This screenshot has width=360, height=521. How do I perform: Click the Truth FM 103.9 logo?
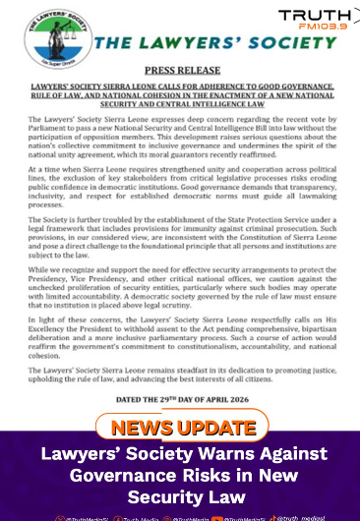tap(317, 20)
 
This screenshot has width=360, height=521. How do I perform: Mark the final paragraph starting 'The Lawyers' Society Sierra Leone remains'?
tap(181, 375)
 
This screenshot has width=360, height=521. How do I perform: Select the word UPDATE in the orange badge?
tap(217, 428)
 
